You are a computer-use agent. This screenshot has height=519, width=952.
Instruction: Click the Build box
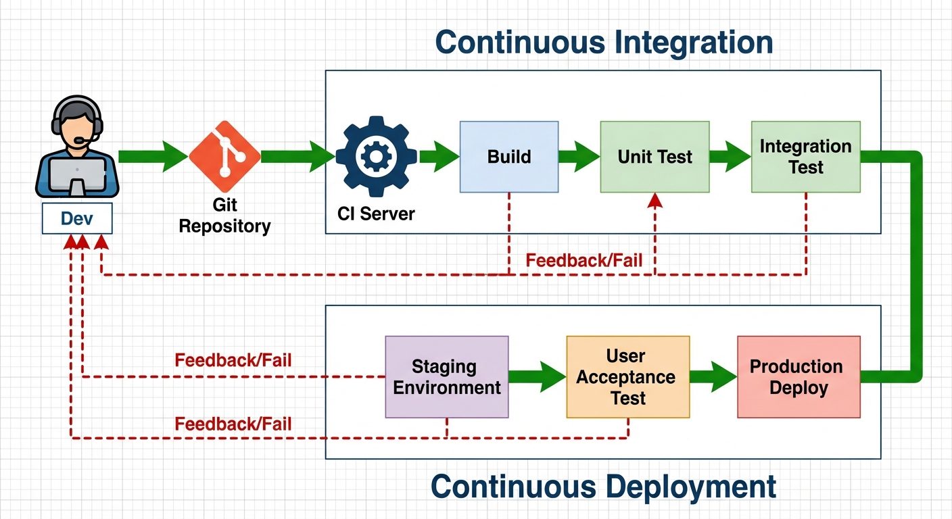508,157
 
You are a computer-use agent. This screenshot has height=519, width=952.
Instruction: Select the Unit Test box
654,157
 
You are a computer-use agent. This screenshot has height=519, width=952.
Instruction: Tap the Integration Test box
805,157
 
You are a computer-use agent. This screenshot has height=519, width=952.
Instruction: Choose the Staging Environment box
446,376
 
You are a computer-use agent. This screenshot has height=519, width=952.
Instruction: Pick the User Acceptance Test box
627,376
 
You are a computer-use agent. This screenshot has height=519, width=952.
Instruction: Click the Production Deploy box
798,376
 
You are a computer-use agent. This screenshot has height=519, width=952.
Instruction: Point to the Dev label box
76,218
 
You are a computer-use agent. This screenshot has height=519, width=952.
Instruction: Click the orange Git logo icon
224,156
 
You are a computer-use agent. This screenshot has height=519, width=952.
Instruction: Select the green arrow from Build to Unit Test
579,157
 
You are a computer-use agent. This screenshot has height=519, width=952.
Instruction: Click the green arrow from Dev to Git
153,157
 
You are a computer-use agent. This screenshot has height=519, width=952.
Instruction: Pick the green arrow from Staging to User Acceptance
537,376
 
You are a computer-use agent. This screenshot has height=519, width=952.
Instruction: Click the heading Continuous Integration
603,42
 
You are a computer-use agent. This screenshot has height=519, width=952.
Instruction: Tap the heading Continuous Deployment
603,486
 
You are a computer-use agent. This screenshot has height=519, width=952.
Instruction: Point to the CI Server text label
376,214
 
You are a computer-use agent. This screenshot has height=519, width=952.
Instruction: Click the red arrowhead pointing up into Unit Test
654,200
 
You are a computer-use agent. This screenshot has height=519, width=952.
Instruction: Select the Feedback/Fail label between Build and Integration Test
584,260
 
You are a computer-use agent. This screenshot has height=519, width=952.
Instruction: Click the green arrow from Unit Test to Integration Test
730,157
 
